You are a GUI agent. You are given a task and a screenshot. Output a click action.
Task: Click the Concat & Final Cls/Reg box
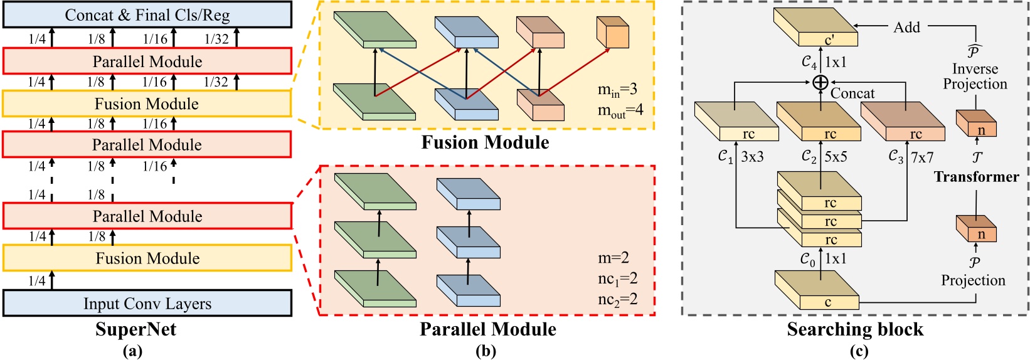click(x=147, y=15)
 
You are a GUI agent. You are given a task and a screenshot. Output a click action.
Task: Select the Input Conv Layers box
click(x=147, y=304)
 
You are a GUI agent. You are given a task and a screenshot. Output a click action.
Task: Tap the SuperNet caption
click(x=136, y=329)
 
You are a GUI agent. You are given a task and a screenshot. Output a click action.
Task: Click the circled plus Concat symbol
click(x=820, y=82)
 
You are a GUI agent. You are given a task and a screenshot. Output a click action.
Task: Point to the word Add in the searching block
click(x=906, y=27)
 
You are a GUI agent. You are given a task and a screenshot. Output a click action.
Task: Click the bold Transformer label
click(x=976, y=177)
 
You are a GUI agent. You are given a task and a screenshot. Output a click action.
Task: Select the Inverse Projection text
click(x=975, y=77)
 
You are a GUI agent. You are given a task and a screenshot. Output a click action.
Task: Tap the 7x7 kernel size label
click(x=922, y=157)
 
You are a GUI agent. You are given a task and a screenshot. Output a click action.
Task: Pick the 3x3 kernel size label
click(x=752, y=157)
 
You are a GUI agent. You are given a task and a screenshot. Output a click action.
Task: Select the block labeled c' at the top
click(x=815, y=28)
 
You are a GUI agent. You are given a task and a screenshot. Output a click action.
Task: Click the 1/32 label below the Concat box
click(x=216, y=39)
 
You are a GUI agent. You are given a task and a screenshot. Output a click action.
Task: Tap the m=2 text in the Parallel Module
click(x=613, y=258)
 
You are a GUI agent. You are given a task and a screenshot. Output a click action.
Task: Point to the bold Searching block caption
click(x=855, y=329)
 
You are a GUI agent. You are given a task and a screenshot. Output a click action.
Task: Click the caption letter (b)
click(x=486, y=351)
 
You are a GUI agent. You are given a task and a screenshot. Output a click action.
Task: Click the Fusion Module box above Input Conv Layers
click(x=147, y=258)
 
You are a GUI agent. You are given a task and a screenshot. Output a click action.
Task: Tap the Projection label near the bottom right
click(x=973, y=280)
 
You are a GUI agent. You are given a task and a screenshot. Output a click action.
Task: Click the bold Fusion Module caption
click(x=485, y=142)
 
